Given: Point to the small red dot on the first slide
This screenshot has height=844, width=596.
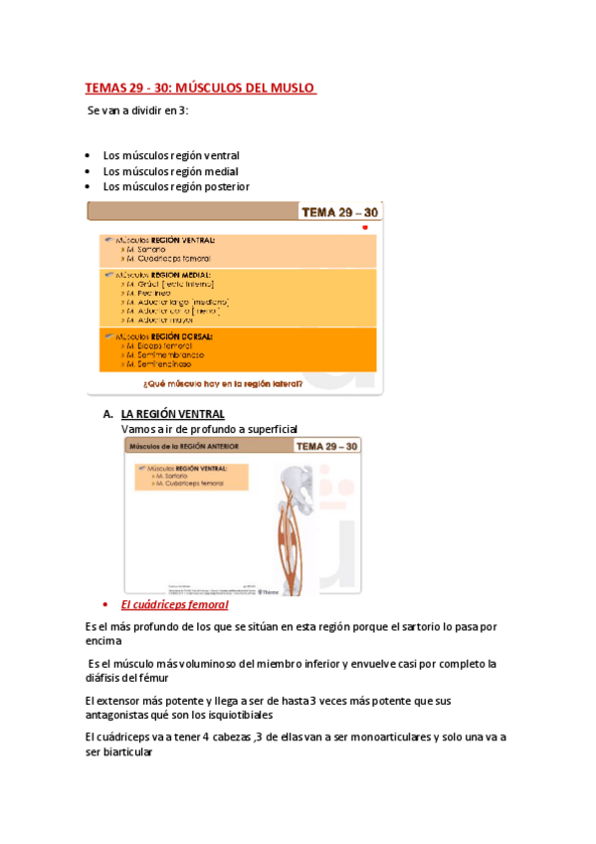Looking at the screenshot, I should point(365,227).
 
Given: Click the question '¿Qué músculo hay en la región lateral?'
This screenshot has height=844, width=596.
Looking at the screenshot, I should point(235,382).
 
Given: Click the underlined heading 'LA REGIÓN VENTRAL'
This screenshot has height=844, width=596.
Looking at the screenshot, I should point(172,414).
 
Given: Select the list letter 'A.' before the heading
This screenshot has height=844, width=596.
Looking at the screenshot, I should point(107,414).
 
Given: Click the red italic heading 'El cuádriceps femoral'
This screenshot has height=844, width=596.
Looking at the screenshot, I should point(174,604).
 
